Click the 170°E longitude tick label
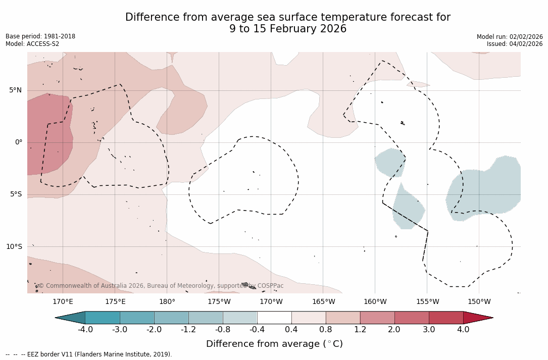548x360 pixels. [x=63, y=302]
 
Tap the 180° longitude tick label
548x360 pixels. [x=167, y=302]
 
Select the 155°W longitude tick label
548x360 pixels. [x=427, y=302]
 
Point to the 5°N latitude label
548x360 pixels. [x=16, y=90]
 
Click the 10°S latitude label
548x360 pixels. [x=14, y=247]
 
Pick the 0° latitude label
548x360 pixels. [x=19, y=142]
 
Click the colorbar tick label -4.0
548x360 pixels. [x=85, y=330]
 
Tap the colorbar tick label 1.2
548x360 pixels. [x=360, y=330]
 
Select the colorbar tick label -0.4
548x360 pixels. [x=257, y=330]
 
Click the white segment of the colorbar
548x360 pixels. [x=274, y=318]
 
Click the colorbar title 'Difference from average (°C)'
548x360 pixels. [x=274, y=344]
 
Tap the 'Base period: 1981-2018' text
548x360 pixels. [x=40, y=37]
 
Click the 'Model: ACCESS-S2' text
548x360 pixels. [x=32, y=44]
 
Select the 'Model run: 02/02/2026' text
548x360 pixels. [x=510, y=37]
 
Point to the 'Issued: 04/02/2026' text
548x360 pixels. [x=515, y=44]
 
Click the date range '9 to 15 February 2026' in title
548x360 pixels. [x=288, y=29]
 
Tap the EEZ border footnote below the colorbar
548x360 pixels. [x=89, y=354]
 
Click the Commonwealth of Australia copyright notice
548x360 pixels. [x=161, y=286]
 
